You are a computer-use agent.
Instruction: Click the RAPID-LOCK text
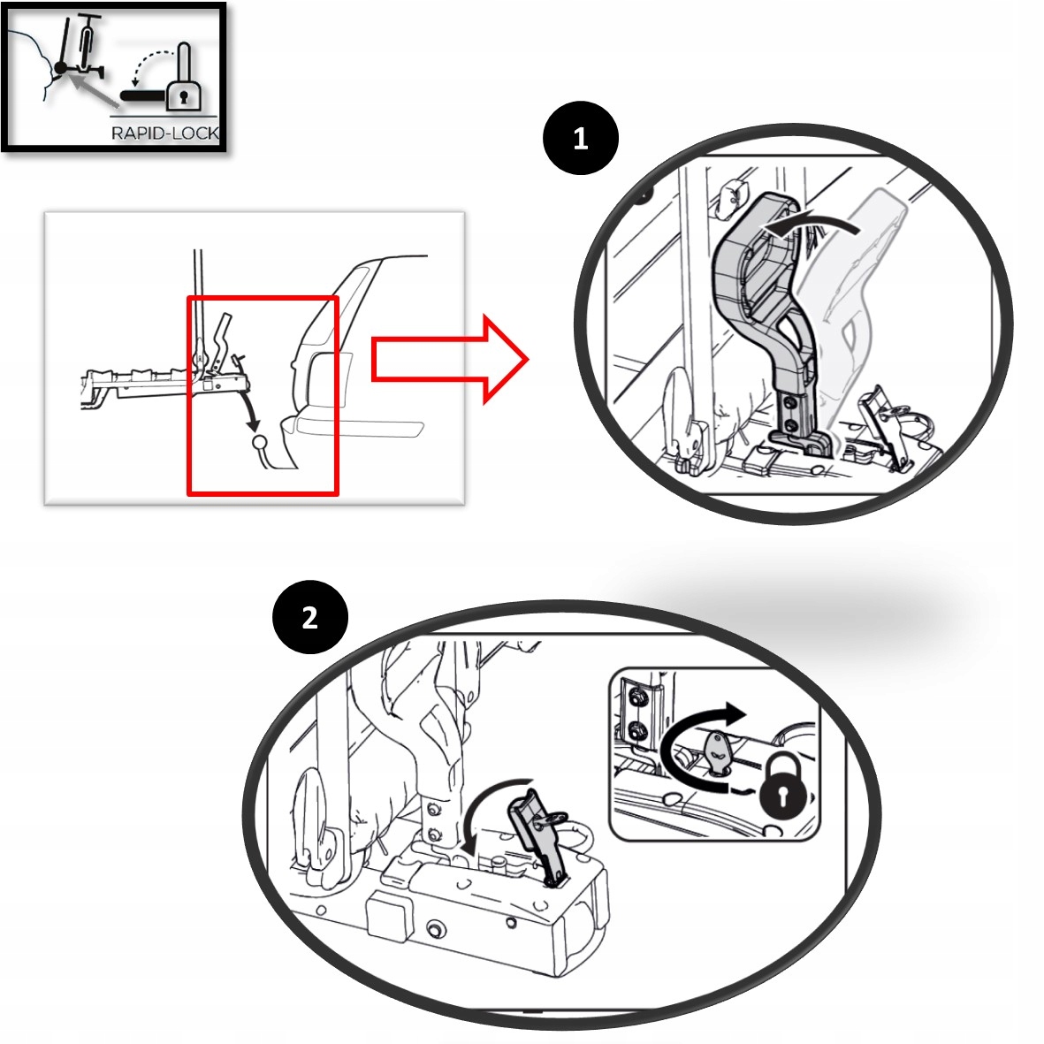point(165,133)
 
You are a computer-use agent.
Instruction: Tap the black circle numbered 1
point(581,138)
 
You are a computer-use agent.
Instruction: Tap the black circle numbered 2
point(310,617)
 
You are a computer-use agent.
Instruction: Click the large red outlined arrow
point(450,360)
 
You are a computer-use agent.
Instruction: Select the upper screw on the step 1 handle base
point(789,402)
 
